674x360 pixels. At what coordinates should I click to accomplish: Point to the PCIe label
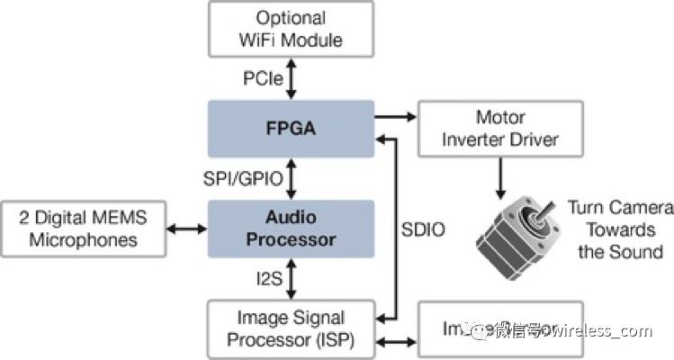point(261,80)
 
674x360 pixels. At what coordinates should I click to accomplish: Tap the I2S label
point(266,278)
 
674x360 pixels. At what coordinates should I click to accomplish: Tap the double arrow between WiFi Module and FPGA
point(291,80)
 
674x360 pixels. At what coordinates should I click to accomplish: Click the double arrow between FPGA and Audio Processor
point(291,179)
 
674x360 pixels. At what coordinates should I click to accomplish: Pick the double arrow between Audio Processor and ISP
point(291,278)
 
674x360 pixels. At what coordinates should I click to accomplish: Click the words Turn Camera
point(620,209)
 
